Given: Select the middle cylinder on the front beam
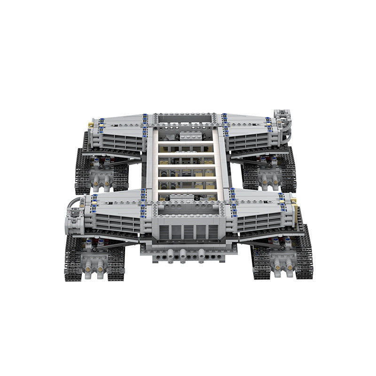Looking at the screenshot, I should click(x=182, y=254).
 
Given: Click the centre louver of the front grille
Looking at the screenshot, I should click(x=187, y=233).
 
